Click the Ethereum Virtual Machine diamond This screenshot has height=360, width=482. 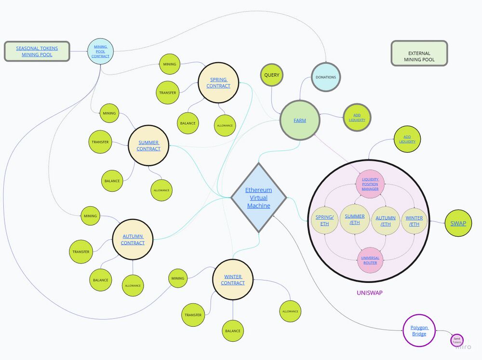[259, 198]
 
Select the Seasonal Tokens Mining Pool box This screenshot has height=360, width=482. [37, 52]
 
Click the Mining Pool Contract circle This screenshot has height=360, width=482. [100, 51]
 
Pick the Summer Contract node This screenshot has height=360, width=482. [148, 146]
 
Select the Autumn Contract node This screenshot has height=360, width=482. [133, 240]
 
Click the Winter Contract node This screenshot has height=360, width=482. [233, 280]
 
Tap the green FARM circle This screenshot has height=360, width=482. [300, 120]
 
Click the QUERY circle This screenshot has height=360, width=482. [271, 75]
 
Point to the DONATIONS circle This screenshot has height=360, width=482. [326, 77]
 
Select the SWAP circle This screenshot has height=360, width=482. [458, 223]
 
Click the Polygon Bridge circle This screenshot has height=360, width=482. [419, 331]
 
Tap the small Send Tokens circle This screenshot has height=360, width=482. [457, 340]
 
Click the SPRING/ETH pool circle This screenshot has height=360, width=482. [324, 220]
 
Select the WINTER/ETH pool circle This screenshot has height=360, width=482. [414, 221]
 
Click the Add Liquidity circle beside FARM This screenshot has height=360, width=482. [357, 117]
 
